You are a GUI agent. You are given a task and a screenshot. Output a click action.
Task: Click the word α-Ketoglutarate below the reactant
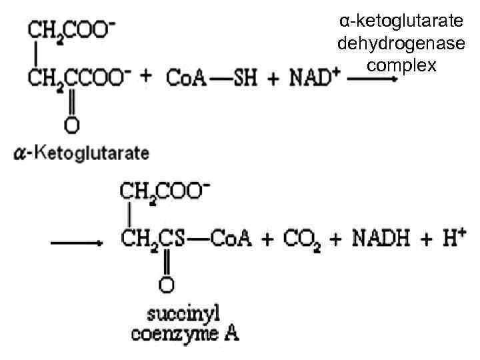coord(81,153)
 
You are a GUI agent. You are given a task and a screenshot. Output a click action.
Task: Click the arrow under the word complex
coord(374,79)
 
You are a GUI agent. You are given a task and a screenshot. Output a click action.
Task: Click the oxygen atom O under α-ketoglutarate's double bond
coord(71,124)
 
